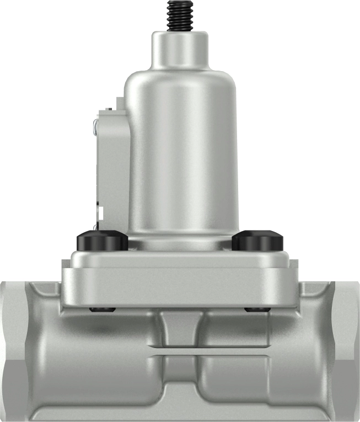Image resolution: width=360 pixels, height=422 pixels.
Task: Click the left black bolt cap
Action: point(102,241)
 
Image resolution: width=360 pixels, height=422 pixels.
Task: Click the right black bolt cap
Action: point(257,241)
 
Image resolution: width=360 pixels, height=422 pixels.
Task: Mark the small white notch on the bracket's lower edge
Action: point(99,210)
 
